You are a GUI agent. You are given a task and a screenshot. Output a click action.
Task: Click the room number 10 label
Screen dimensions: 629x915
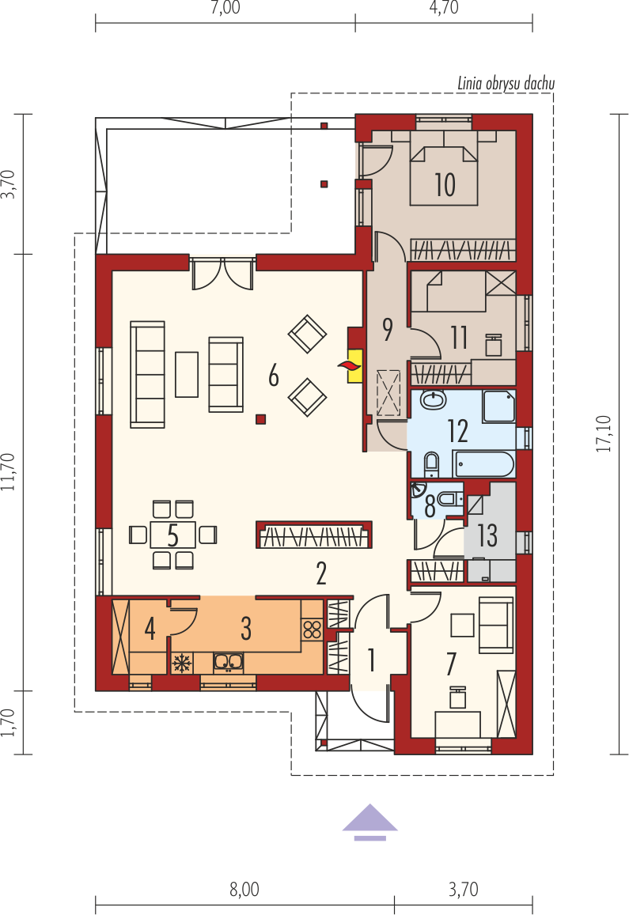click(445, 184)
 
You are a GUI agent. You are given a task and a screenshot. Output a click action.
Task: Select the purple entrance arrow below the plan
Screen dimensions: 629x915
click(369, 822)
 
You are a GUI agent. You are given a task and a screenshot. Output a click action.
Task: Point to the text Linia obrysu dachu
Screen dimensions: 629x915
click(506, 84)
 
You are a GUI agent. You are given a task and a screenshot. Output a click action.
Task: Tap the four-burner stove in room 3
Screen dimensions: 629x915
click(312, 630)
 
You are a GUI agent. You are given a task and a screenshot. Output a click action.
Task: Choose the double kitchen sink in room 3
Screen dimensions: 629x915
click(229, 662)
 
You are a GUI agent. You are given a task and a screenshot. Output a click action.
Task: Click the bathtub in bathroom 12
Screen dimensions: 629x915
click(483, 465)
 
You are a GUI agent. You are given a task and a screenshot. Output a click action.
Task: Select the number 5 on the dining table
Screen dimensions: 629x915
click(172, 535)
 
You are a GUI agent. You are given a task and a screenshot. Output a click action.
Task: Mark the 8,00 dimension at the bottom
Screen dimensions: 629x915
click(244, 890)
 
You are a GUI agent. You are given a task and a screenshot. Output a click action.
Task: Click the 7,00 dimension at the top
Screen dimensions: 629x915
click(225, 8)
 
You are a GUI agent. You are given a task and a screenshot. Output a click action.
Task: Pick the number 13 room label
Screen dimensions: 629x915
click(487, 535)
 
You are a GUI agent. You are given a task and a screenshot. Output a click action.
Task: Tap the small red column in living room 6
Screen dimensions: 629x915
click(260, 418)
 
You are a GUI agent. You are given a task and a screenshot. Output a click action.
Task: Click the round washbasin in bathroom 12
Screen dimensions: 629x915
click(433, 400)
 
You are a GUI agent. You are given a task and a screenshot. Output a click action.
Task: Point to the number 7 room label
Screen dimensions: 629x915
click(450, 664)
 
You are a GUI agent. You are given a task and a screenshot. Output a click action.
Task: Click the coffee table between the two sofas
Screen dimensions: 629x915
click(187, 374)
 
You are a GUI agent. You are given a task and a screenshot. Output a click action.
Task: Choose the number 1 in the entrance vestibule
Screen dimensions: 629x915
click(371, 660)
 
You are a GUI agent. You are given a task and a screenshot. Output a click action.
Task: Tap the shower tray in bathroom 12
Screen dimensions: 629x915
click(499, 406)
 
